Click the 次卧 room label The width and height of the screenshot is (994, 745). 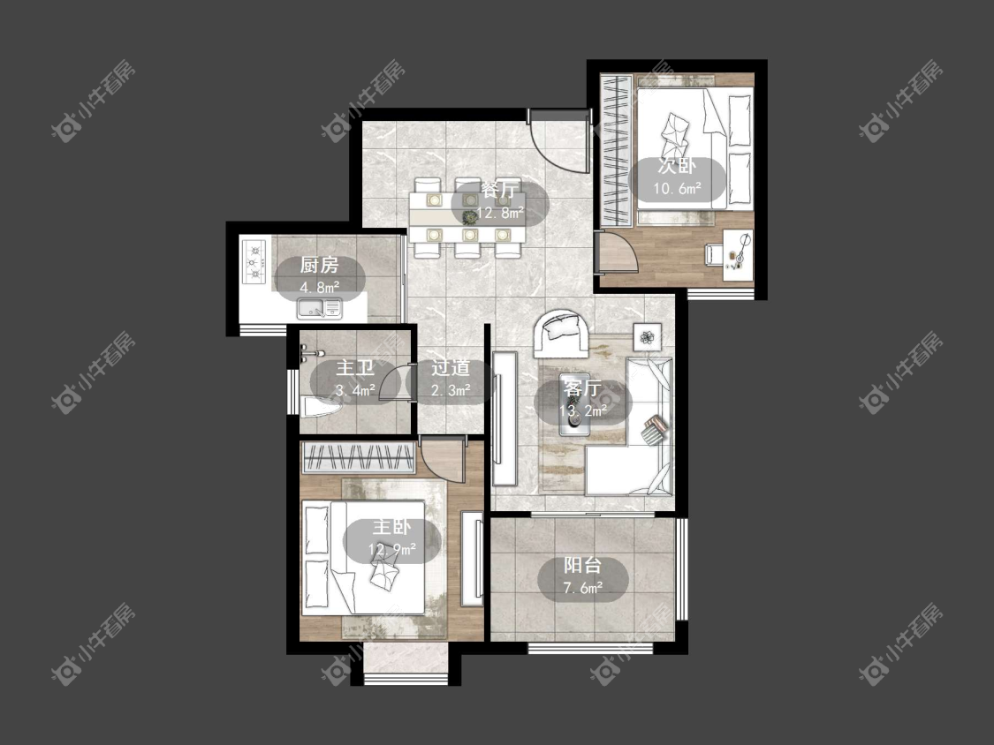pos(677,166)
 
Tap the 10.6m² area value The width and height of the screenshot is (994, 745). pos(677,188)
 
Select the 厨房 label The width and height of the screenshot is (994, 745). pos(320,265)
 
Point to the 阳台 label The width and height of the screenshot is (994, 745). pos(582,565)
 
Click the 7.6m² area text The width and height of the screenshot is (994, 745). pos(582,588)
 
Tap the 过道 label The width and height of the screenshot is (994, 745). pos(451,368)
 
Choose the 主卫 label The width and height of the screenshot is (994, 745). pos(355,368)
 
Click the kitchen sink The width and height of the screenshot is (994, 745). pos(320,309)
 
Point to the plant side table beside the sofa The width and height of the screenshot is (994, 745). pos(648,336)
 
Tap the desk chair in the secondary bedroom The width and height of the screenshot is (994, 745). pos(715,254)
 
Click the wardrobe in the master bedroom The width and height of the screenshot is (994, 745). pos(358,457)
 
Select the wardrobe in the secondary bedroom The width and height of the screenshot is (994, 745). pos(616,150)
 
